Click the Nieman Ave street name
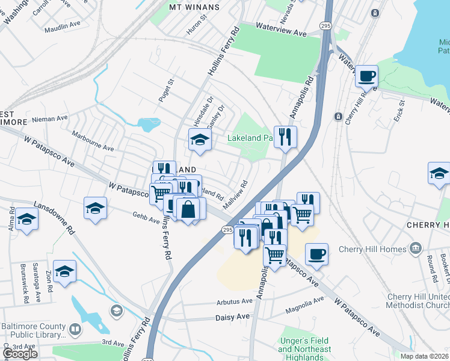(x=49, y=119)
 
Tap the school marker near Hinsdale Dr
(x=200, y=140)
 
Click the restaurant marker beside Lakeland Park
(x=285, y=137)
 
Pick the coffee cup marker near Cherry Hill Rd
(x=366, y=76)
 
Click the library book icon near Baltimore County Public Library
(x=75, y=330)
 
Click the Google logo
(x=20, y=354)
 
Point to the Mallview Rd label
(x=236, y=196)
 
